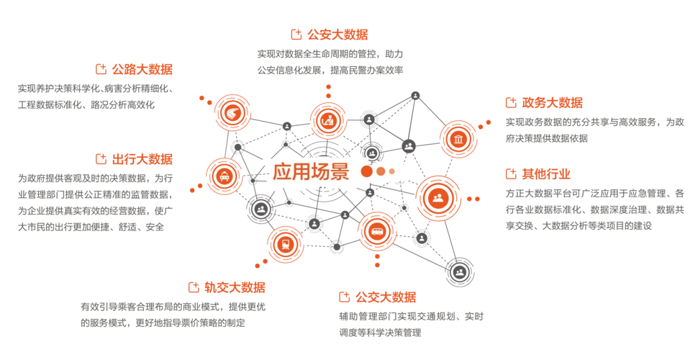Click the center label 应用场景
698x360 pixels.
310,171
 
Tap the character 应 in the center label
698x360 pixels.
281,171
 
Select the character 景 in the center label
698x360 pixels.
340,171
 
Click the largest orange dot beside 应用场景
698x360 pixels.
366,171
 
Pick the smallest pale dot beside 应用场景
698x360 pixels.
392,171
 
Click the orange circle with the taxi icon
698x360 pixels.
225,176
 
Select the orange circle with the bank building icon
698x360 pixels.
458,138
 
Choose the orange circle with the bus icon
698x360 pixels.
377,231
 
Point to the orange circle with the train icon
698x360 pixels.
285,243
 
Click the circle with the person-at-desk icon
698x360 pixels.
328,120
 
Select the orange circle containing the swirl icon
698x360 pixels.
232,112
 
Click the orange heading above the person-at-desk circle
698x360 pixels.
330,34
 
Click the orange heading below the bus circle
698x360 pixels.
378,296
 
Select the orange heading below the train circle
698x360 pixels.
227,287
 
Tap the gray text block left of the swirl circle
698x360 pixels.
95,94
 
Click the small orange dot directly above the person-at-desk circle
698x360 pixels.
329,87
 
